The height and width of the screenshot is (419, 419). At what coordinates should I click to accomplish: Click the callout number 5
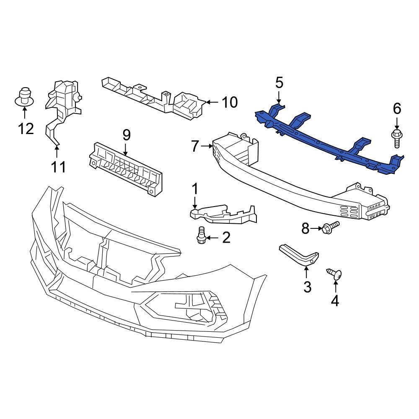coord(279,83)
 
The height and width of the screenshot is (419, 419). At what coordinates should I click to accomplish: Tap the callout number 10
coord(229,102)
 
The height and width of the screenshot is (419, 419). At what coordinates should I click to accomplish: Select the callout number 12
coord(26,128)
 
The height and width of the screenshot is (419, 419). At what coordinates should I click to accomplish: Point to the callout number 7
coord(195,146)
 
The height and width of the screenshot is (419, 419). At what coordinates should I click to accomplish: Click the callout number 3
coord(307,287)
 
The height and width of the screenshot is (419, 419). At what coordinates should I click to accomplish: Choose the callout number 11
coord(58,167)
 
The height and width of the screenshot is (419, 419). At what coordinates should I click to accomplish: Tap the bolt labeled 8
coord(331,228)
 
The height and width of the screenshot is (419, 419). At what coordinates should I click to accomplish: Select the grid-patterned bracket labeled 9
coord(126,168)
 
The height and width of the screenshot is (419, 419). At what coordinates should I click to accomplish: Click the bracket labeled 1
coord(222,214)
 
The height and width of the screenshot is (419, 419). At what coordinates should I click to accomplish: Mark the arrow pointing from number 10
coord(212,102)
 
